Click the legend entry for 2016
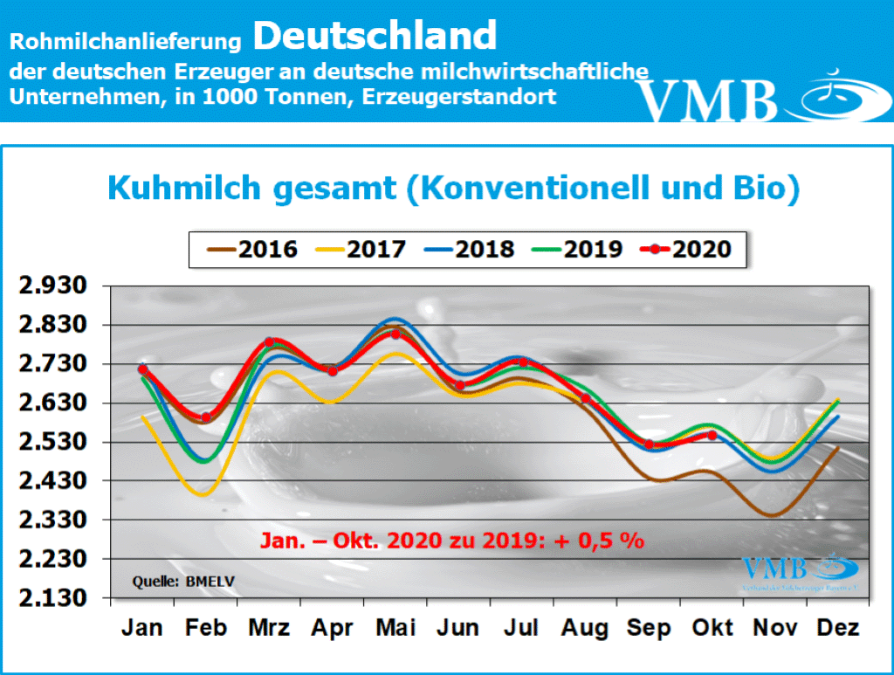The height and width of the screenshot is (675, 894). (x=252, y=249)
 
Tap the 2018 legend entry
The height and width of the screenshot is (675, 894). (x=469, y=249)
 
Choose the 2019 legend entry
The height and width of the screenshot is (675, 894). (x=577, y=249)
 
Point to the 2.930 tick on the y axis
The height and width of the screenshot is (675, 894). (x=58, y=286)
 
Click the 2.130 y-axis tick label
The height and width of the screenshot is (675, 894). (x=58, y=598)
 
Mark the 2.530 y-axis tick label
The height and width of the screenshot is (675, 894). (x=58, y=442)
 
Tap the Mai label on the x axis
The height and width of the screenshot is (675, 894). (x=395, y=627)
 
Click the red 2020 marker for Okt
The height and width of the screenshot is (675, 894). (x=712, y=435)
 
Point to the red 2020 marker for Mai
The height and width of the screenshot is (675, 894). (x=395, y=334)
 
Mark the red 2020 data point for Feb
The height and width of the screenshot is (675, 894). (x=206, y=417)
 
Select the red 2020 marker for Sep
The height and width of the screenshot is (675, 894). (x=649, y=444)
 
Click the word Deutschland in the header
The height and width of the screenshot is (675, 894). (x=375, y=37)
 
